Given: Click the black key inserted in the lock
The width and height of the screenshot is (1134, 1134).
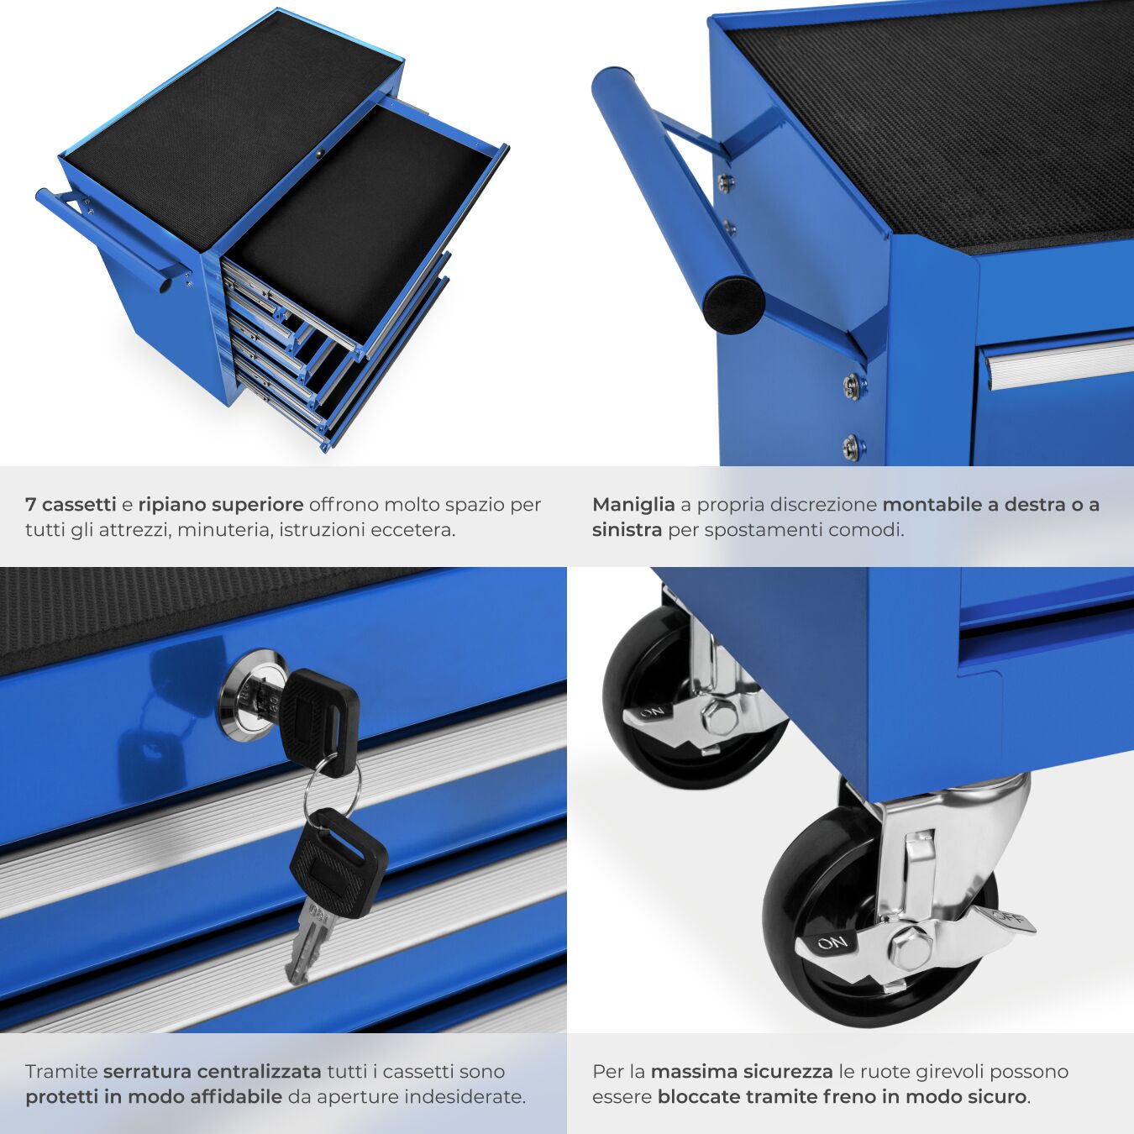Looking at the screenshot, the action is pos(321,722).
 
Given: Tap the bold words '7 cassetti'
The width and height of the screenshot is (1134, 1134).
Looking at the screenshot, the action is pos(71,504).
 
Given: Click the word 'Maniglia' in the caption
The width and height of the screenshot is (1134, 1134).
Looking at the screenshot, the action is pos(633,505).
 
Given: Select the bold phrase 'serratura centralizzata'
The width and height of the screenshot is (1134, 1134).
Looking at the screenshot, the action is pos(212,1072).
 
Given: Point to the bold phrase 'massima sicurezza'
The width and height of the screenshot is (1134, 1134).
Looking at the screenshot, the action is pos(742,1072).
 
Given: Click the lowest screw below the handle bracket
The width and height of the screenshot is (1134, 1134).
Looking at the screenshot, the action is pos(851,447).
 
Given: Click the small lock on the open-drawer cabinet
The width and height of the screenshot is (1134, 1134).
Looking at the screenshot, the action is pos(319,154).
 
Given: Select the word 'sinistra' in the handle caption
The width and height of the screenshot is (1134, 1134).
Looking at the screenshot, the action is pos(627,530).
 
